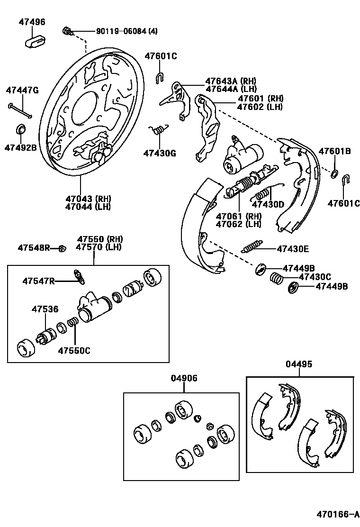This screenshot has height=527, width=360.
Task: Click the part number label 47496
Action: click(x=32, y=22)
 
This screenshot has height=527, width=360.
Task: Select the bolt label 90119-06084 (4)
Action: click(x=126, y=31)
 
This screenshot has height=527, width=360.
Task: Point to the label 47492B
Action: click(x=21, y=147)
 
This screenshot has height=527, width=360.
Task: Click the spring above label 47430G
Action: click(x=158, y=129)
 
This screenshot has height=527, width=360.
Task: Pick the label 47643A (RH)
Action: click(x=230, y=81)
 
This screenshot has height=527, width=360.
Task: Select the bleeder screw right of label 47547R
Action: click(x=80, y=277)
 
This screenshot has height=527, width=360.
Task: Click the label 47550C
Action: click(x=74, y=351)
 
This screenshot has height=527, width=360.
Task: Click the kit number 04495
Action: click(x=299, y=364)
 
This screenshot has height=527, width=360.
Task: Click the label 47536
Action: click(x=45, y=309)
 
